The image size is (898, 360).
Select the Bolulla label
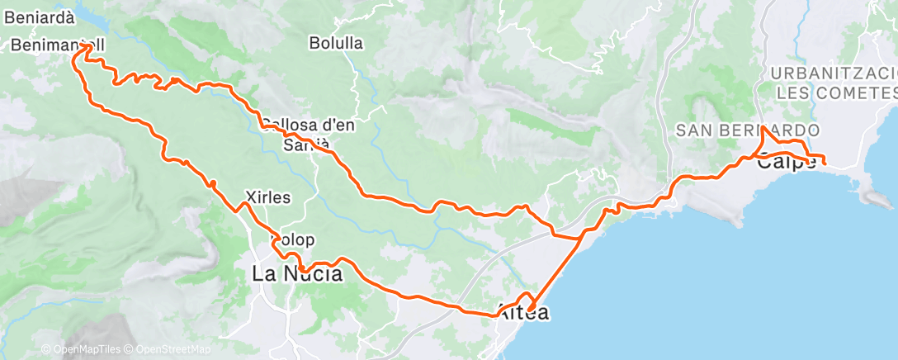[x=336, y=43]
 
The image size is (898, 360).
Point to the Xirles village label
[x=268, y=197]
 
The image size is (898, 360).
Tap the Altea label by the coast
[x=523, y=314]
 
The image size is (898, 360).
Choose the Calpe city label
[x=787, y=163]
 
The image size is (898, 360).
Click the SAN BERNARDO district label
[x=748, y=130]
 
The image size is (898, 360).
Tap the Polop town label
[x=294, y=240]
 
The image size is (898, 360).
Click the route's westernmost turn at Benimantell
[x=76, y=55]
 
